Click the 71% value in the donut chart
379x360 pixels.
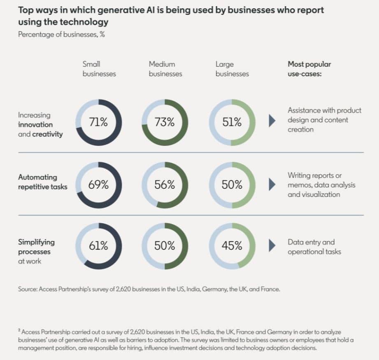tap(99, 122)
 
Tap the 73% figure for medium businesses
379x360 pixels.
tap(165, 122)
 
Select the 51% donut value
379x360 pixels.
tap(232, 122)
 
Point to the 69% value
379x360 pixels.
tap(99, 185)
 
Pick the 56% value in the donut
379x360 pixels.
tap(165, 185)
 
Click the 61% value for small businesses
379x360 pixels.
tap(99, 246)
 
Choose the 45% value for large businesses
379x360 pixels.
tap(232, 246)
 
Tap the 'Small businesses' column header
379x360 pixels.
tap(99, 69)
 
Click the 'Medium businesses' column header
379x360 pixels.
tap(165, 69)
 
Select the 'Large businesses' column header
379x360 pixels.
tap(232, 69)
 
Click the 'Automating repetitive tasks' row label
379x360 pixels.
tap(42, 182)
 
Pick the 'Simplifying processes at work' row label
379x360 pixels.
tap(36, 251)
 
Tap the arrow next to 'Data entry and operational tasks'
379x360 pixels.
tap(272, 246)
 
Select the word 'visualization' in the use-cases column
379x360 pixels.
tap(314, 194)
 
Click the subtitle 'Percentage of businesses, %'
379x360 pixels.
tap(61, 34)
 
